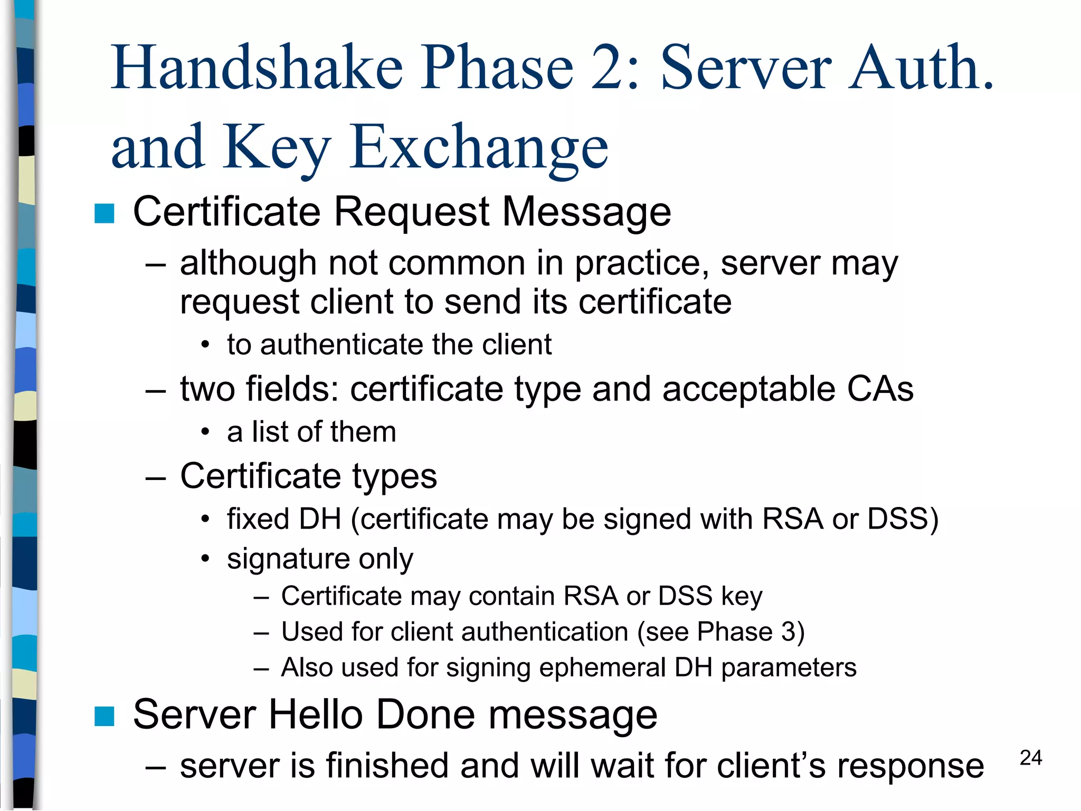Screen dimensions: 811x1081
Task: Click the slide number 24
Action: pos(1030,758)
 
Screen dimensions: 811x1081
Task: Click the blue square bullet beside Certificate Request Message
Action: pos(105,214)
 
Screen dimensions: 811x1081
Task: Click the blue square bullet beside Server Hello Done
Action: pos(105,716)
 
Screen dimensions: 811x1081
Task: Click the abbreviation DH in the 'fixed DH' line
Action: pos(320,519)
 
